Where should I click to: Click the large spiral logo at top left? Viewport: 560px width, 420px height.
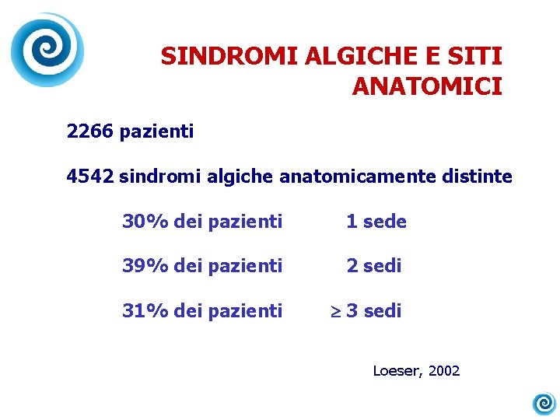(47, 50)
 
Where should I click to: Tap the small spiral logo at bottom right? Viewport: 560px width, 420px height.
(544, 403)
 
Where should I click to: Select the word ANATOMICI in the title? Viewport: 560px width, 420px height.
(427, 86)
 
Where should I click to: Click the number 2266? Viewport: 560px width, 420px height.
(90, 131)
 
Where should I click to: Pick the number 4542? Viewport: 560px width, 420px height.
(90, 177)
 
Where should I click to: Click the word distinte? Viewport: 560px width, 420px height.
(481, 177)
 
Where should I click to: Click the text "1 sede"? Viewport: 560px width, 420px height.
(376, 222)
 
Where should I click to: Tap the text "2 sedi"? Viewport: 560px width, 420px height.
(374, 266)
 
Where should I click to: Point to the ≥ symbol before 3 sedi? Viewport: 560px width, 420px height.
(336, 312)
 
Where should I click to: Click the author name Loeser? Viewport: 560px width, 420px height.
(397, 371)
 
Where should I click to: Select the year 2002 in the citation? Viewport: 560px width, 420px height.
(444, 371)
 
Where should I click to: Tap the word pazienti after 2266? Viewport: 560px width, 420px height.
(157, 131)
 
